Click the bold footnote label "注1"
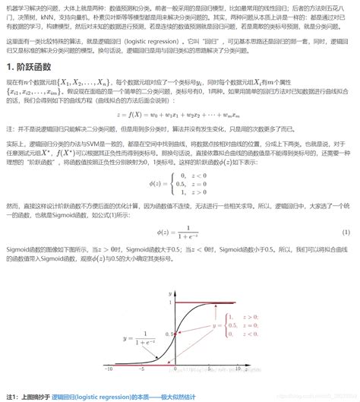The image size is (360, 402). point(12,396)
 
